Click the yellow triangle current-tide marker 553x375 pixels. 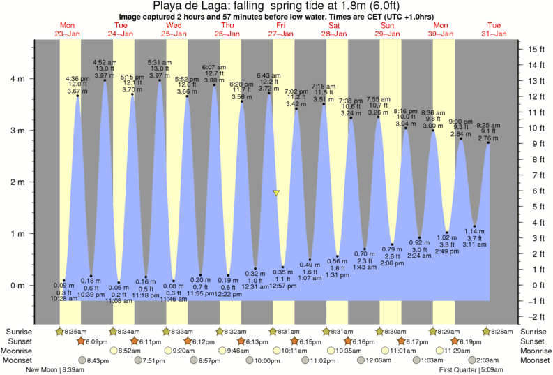coord(277,193)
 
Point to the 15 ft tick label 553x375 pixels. coord(535,49)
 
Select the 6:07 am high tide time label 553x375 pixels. coord(213,68)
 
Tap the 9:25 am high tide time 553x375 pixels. coord(487,125)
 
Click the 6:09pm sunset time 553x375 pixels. coord(97,341)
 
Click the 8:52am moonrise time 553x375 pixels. coord(132,351)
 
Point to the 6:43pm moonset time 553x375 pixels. coord(98,360)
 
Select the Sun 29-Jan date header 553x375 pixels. coord(388,29)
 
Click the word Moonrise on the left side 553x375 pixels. coord(20,351)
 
